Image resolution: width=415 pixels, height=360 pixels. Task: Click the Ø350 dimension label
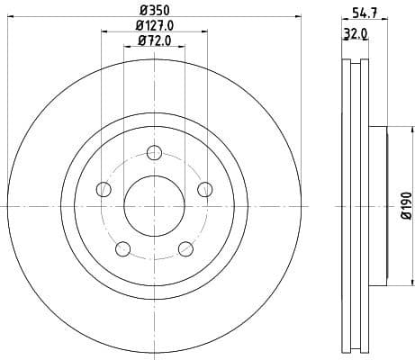point(154,13)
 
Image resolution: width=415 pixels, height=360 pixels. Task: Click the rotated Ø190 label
point(405,205)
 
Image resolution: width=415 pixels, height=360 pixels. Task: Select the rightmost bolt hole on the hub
point(205,189)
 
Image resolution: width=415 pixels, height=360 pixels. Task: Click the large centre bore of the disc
point(154,205)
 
